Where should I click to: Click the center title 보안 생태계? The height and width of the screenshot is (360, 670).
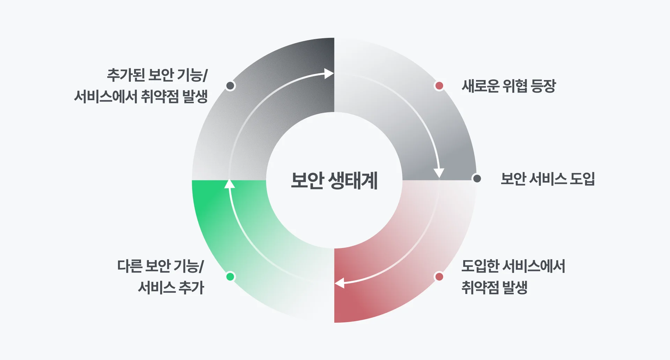point(334,181)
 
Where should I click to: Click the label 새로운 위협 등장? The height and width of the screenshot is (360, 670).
point(508,86)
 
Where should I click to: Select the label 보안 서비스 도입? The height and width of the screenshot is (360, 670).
point(548,179)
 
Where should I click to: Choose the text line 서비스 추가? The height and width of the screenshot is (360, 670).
point(171,288)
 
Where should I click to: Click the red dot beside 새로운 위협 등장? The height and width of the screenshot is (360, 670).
point(439,86)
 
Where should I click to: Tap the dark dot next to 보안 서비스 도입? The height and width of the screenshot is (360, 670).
point(477,178)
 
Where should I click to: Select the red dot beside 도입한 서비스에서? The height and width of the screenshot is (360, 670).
point(439,277)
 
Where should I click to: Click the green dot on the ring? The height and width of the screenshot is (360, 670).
point(230,277)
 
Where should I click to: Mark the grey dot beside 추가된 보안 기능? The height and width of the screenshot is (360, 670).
point(230,86)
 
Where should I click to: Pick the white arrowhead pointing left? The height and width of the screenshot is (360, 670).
point(340,283)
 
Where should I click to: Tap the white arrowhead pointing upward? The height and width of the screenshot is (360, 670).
point(229,184)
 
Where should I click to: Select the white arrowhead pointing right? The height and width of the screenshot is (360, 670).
point(329,74)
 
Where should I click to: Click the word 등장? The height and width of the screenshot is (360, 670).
point(543,86)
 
